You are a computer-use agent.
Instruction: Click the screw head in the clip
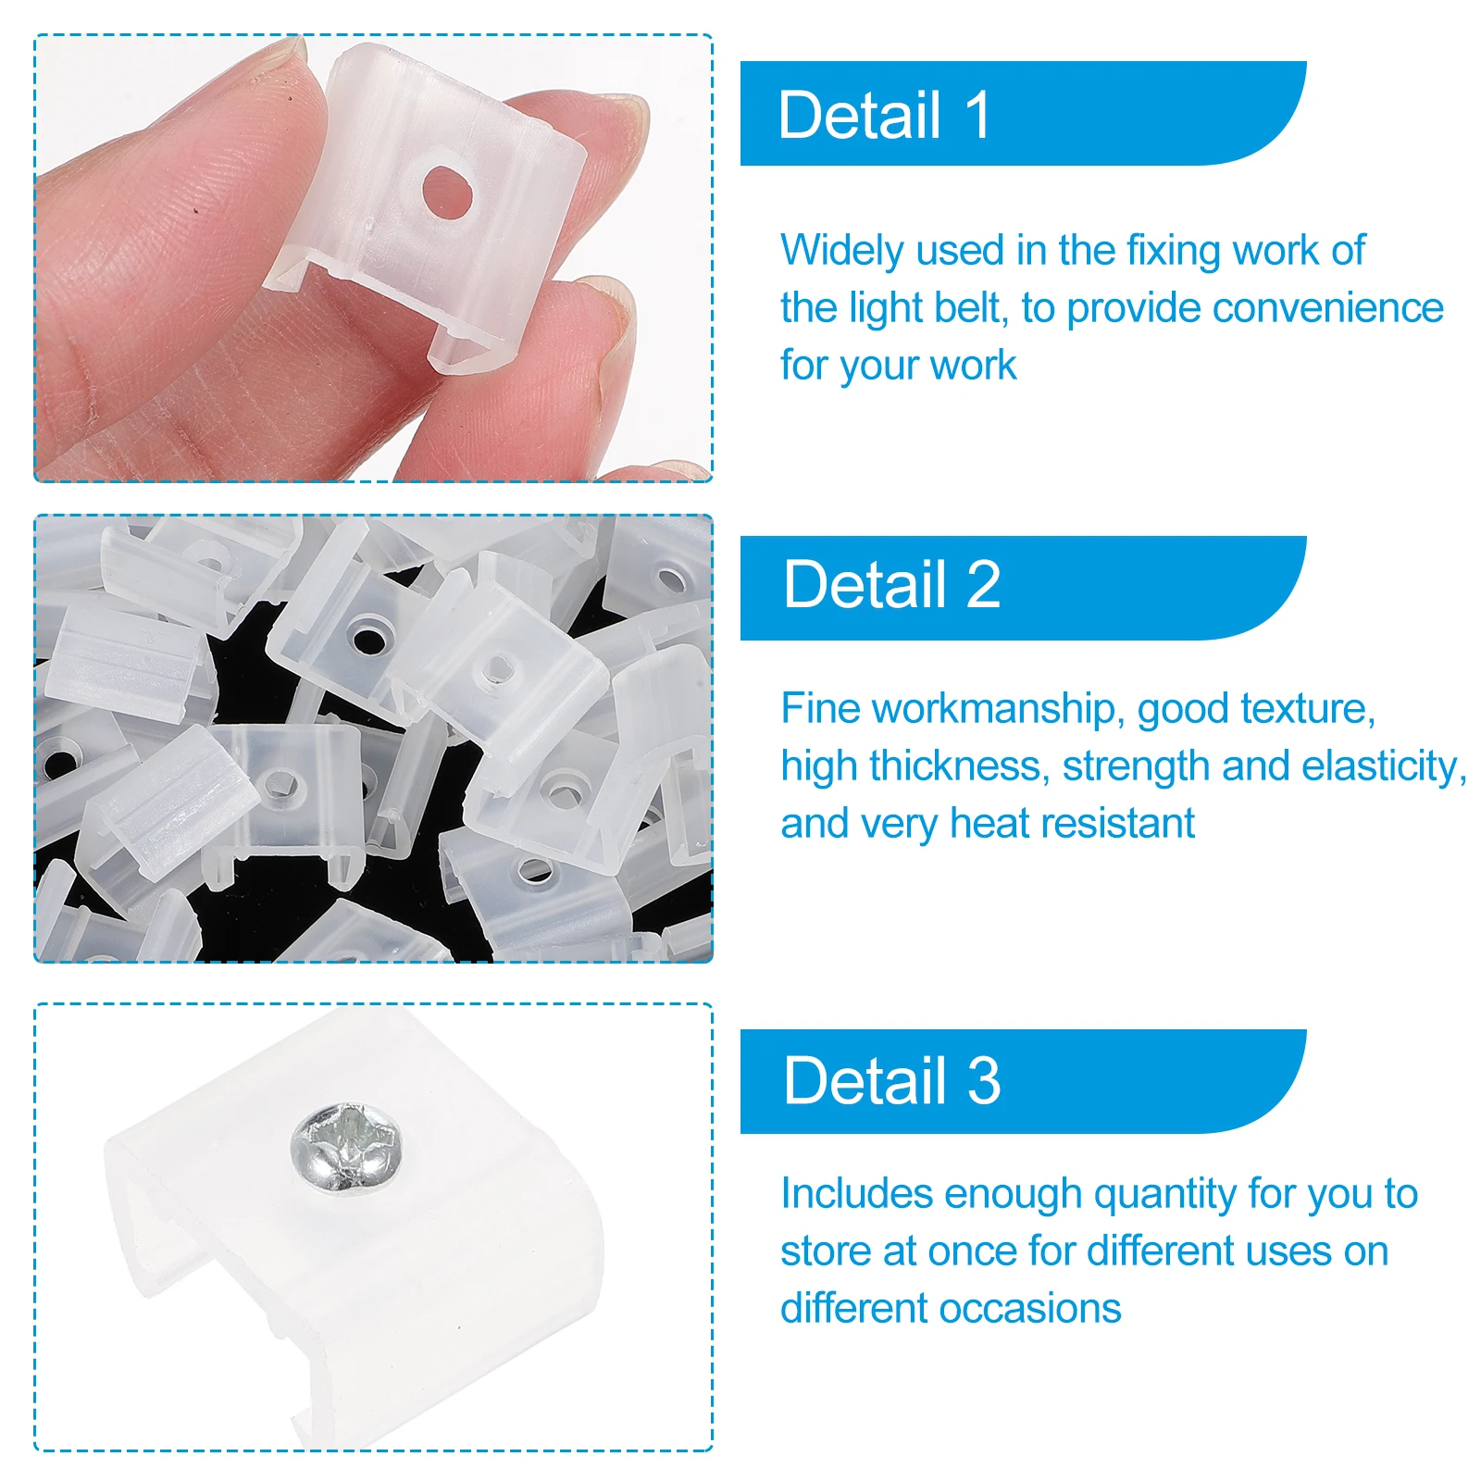point(347,1145)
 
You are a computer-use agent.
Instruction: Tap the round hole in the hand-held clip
point(448,193)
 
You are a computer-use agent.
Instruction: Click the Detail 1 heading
point(885,116)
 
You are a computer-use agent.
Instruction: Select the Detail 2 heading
point(892,585)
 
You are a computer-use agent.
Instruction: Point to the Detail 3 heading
point(892,1080)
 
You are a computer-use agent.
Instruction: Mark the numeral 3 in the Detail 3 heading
point(984,1080)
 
